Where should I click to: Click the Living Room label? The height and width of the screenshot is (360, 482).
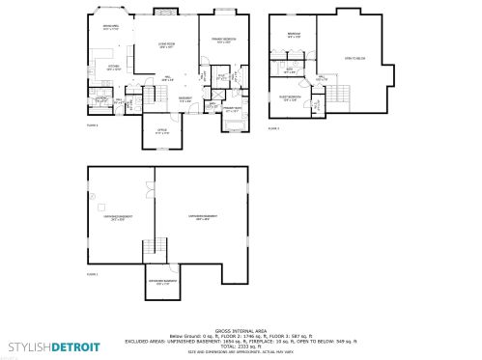point(166,44)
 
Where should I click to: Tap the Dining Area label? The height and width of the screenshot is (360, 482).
point(111,28)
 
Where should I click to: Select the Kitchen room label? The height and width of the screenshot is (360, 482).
point(113,68)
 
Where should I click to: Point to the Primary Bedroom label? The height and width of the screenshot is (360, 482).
point(224,41)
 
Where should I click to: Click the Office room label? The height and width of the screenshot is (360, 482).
point(160,132)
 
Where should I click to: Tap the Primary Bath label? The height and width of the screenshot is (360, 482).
point(232,111)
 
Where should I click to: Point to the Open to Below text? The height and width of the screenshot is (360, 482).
point(354,59)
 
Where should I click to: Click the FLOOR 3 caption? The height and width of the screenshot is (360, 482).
point(273,127)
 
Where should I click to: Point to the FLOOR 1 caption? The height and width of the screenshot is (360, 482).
point(93,275)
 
